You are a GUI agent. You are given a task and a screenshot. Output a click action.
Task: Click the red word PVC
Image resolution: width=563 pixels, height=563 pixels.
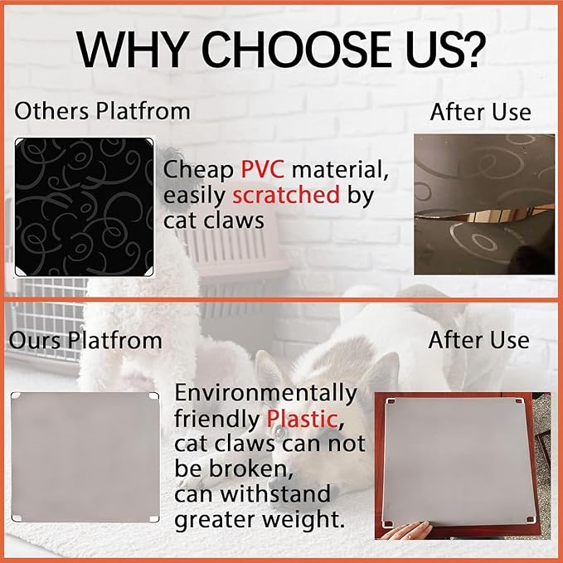[263, 169]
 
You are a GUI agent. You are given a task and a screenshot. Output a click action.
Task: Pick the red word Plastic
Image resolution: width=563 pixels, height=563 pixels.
[302, 418]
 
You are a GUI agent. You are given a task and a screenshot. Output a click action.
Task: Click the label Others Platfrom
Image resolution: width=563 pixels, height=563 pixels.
[102, 110]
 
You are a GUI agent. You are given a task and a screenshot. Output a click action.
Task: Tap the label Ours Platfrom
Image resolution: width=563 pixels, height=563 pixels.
[85, 340]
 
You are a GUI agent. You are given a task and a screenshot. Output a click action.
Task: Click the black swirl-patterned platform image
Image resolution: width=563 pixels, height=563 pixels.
[85, 206]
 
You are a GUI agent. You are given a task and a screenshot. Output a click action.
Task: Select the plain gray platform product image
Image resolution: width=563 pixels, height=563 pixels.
[85, 457]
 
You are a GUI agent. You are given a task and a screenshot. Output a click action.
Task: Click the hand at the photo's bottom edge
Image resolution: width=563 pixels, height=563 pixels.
[405, 531]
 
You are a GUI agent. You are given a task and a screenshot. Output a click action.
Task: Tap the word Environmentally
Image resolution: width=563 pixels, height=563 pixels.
[265, 394]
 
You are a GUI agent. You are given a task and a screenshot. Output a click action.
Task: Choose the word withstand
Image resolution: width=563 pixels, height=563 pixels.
[275, 493]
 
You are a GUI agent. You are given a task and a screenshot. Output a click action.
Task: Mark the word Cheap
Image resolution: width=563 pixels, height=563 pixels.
[198, 169]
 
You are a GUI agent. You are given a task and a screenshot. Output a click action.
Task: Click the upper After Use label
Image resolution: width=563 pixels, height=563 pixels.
[480, 112]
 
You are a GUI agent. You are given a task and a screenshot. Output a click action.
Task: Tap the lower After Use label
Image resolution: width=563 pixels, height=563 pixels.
[479, 340]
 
